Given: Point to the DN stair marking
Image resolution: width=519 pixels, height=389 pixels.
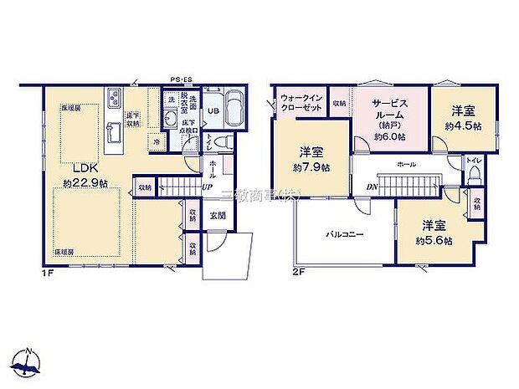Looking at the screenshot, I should (x=371, y=187).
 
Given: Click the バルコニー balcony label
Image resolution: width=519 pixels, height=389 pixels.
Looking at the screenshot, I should (x=344, y=235).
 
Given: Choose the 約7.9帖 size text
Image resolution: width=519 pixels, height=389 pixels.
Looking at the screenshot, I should (x=311, y=167).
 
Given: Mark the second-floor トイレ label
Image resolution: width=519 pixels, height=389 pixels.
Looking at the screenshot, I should (x=473, y=158).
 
